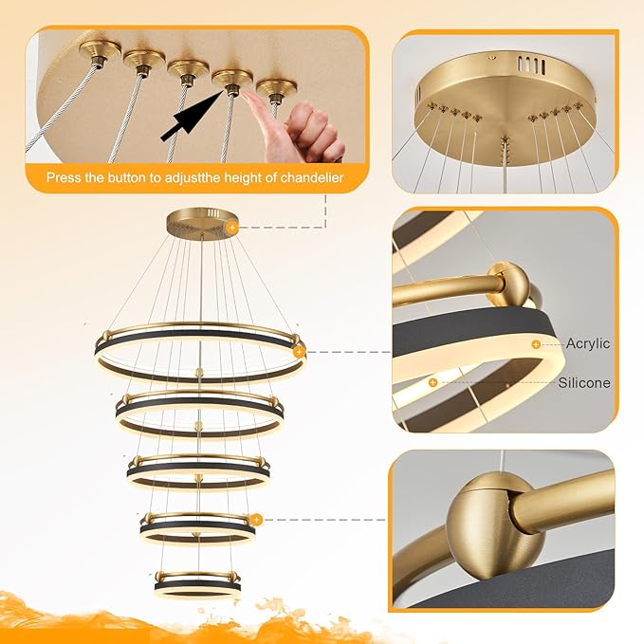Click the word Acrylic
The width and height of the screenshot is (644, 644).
click(588, 343)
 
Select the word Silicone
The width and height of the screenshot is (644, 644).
click(584, 382)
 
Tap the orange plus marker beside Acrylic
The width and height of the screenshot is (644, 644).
click(536, 343)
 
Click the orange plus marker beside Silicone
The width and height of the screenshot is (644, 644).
click(432, 382)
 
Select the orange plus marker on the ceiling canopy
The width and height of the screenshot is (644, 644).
click(231, 227)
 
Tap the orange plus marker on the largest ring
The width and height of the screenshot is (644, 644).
click(299, 352)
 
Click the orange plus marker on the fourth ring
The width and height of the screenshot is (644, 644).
click(256, 520)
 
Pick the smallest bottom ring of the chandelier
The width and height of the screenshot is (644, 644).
click(198, 583)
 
